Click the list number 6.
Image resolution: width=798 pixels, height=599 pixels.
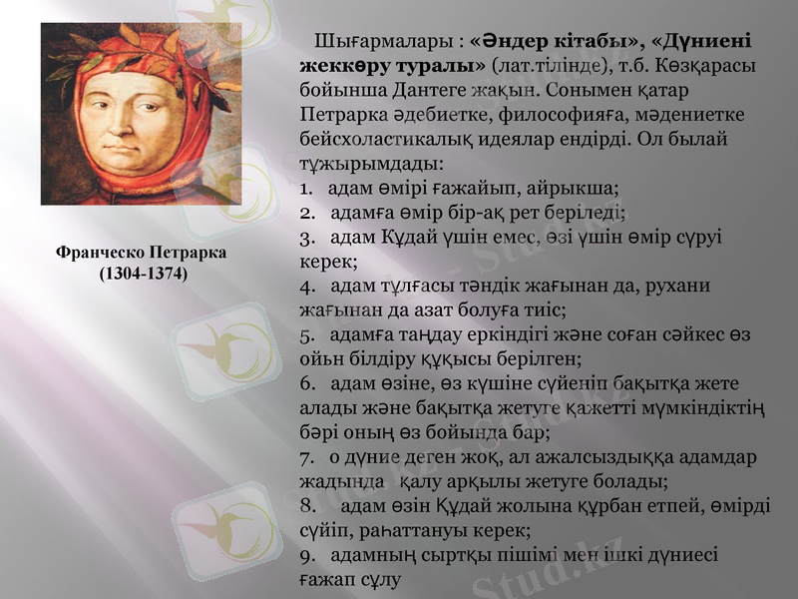305,384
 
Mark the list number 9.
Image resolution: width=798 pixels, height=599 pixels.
305,554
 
